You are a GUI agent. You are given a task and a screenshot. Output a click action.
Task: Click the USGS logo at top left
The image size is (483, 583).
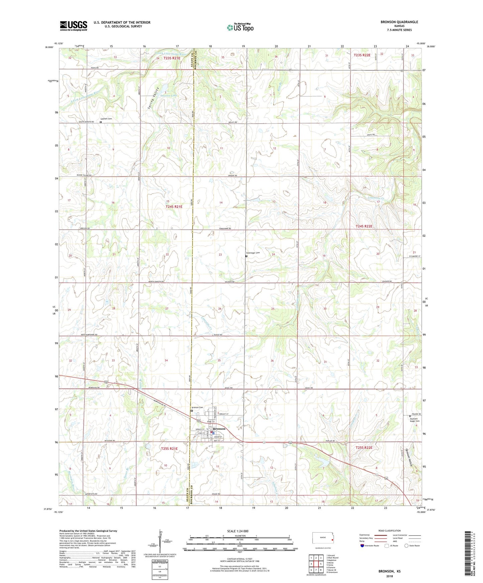pos(74,25)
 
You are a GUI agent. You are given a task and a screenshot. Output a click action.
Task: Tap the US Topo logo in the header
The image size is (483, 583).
pos(240,27)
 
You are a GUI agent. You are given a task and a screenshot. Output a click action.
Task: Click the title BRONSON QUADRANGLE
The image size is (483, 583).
pos(399,22)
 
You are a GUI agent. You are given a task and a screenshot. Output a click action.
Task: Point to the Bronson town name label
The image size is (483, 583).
pos(219,429)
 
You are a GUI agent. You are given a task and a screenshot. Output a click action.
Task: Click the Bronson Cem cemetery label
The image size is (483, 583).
pos(197,407)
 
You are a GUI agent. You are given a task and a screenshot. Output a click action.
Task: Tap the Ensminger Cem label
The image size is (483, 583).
pos(253,253)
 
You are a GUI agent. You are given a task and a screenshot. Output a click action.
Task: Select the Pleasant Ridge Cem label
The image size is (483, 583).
pos(414,420)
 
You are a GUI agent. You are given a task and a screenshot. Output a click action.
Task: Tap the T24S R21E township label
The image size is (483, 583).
pos(174,207)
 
